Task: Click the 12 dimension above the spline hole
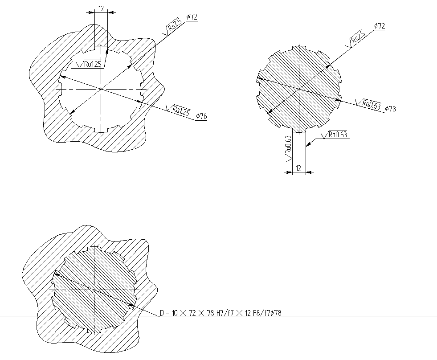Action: [101, 8]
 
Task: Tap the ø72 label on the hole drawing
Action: [192, 17]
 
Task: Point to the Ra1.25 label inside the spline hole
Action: [93, 64]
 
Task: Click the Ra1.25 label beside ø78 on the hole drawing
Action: [181, 110]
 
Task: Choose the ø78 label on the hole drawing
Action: [201, 116]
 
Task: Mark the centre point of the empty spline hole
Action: [101, 89]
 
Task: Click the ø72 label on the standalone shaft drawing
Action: [380, 26]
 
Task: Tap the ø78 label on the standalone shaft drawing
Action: [391, 109]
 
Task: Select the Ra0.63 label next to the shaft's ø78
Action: [372, 105]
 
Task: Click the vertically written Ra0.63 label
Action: [288, 145]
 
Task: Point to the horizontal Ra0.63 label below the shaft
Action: [338, 135]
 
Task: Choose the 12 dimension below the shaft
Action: [298, 168]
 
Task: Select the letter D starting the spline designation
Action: [162, 313]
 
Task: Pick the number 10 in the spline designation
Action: [175, 313]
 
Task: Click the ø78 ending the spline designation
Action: [276, 313]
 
